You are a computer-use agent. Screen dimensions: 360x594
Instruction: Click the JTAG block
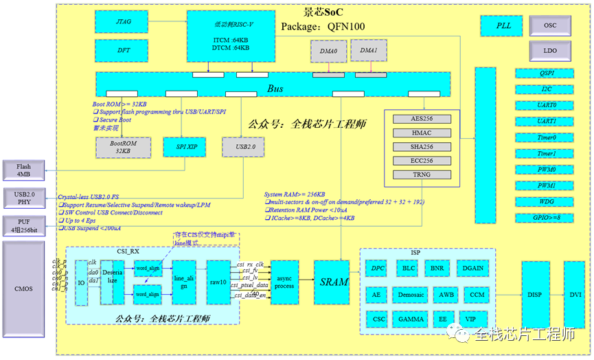[x=124, y=22]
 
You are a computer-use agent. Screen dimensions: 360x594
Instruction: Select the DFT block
[x=124, y=51]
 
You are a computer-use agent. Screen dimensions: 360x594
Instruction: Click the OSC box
[x=550, y=25]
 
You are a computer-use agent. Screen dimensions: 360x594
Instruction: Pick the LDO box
[x=550, y=50]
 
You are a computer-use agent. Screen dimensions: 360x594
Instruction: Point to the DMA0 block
[x=329, y=51]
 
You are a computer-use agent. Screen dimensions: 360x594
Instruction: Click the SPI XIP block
[x=181, y=147]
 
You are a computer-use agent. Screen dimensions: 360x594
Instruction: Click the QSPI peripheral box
[x=547, y=73]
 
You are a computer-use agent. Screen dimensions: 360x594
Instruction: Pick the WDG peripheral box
[x=547, y=201]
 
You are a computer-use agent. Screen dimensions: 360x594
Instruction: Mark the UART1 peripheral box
[x=547, y=121]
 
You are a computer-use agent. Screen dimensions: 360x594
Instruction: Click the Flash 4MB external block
[x=24, y=170]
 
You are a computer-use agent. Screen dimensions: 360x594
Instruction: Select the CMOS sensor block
[x=24, y=289]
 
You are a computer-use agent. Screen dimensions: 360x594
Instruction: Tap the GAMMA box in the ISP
[x=411, y=319]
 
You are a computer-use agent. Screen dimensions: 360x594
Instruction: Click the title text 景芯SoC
[x=323, y=12]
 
